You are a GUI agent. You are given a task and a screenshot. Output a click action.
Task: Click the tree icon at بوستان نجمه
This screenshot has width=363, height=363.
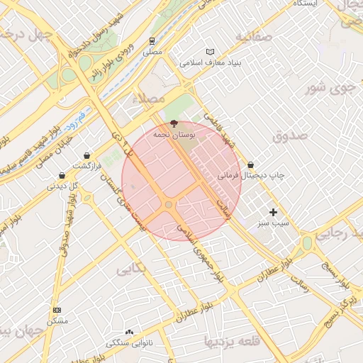point(175,123)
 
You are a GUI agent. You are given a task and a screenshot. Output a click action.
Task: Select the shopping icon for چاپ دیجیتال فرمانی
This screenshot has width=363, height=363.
point(251,164)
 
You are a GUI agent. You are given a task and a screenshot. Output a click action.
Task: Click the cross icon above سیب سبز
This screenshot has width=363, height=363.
point(274,212)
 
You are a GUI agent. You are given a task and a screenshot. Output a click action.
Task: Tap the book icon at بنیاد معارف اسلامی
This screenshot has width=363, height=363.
point(209,52)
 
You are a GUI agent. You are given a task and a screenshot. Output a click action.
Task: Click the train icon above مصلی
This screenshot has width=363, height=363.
point(152,41)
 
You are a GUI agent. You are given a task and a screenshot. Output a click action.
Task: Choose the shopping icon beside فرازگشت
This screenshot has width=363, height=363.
point(86,155)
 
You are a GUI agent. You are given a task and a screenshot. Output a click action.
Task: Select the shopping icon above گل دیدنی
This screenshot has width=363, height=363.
point(62,175)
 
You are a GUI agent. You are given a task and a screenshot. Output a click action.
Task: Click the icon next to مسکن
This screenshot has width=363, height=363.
point(57,311)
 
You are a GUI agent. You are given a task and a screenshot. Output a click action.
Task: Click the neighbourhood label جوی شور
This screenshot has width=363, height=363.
point(328,89)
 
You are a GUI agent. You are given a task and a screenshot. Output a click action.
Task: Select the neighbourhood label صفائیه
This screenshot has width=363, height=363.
point(255,37)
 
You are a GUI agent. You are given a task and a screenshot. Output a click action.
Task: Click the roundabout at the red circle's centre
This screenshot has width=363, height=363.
point(169,205)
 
